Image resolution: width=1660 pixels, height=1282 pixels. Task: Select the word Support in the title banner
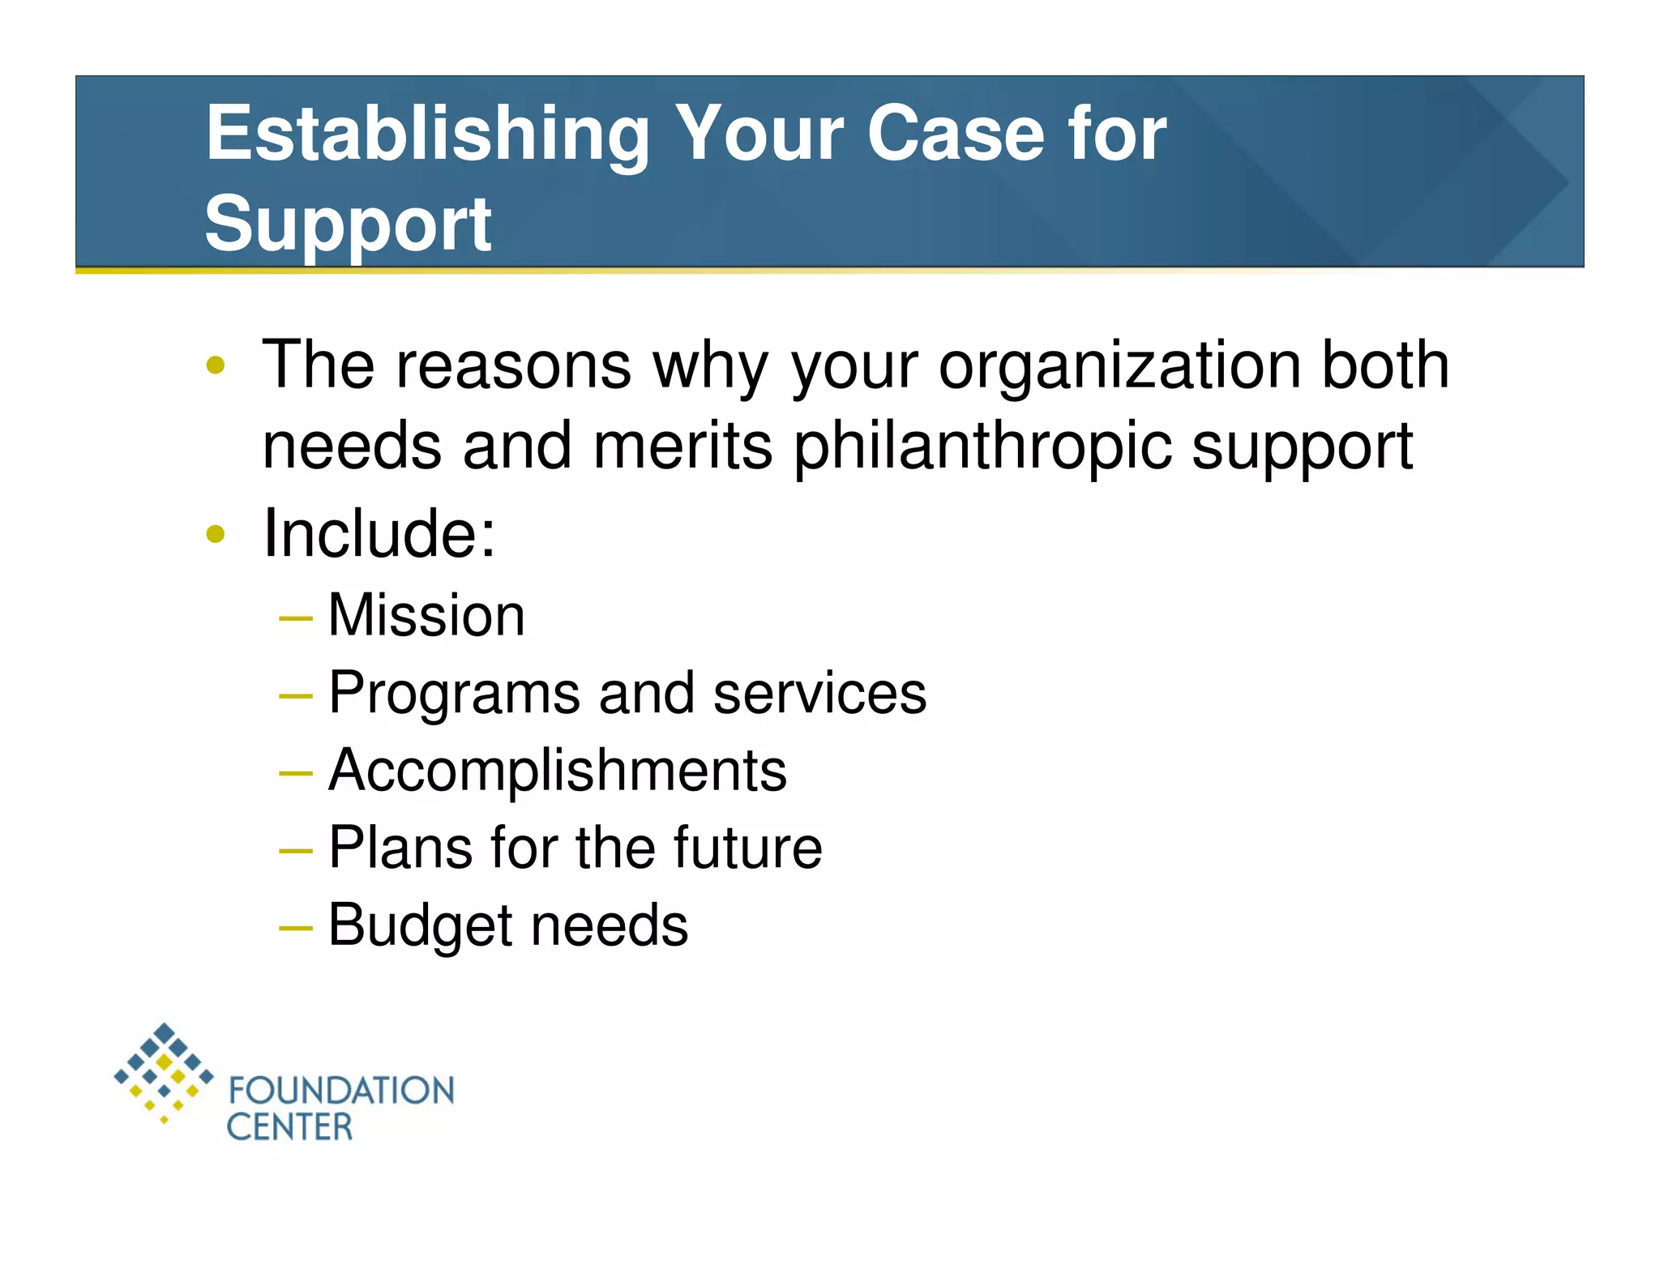(348, 224)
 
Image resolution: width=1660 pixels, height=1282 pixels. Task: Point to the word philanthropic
(982, 447)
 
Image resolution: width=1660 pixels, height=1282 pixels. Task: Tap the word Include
(379, 533)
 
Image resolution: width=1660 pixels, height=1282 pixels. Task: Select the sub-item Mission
(426, 615)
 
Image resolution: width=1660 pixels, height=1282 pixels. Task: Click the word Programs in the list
(454, 694)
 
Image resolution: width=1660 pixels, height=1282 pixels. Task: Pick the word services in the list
(819, 694)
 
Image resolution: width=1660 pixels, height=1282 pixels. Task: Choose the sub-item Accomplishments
(558, 770)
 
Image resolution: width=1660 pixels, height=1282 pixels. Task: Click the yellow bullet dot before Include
(216, 534)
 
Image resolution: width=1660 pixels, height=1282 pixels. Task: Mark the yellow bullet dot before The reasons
(216, 365)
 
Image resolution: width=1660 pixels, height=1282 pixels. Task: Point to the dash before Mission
(295, 619)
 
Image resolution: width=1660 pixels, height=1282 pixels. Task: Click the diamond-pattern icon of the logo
(164, 1071)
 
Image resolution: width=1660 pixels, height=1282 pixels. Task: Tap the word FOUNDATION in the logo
(341, 1091)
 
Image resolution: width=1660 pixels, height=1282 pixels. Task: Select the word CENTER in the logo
(289, 1127)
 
